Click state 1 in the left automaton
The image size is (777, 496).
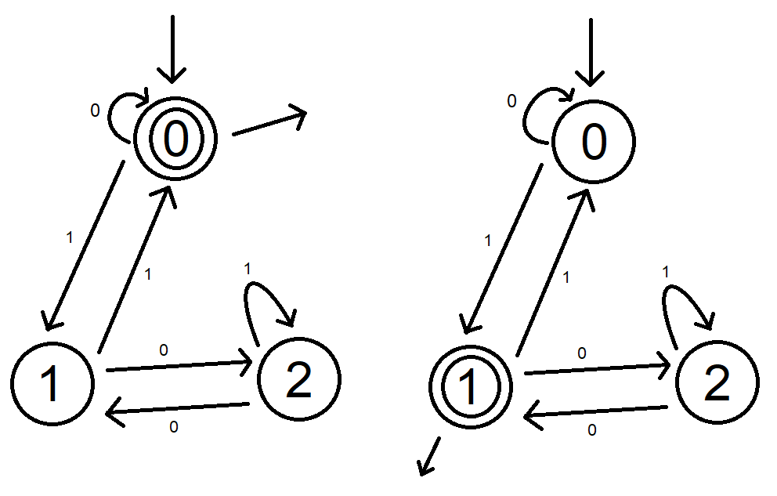point(52,383)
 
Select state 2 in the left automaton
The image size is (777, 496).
point(298,380)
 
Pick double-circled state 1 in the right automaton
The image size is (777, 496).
point(471,386)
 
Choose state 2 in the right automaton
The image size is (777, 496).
point(717,382)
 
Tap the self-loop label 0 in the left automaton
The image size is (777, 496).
point(95,111)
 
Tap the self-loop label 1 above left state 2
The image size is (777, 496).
point(248,269)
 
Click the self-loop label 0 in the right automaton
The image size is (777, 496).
point(511,101)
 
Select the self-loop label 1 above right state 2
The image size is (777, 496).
point(666,272)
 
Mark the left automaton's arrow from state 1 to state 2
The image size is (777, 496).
point(178,364)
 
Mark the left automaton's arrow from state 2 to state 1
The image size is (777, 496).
point(178,410)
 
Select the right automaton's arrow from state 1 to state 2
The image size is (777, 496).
point(597,367)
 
